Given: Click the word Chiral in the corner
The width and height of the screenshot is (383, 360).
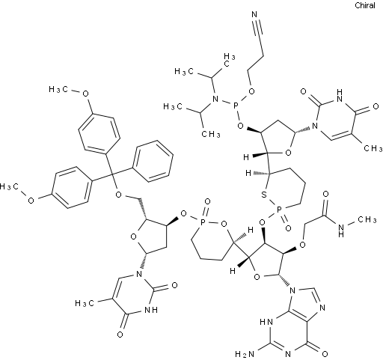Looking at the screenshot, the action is coord(365,5).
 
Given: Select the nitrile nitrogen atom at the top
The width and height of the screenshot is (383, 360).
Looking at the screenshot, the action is coord(254,14).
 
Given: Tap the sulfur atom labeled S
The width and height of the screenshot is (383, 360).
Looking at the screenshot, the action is coord(264,195).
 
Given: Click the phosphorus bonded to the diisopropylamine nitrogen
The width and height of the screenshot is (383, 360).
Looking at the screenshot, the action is coord(236,106).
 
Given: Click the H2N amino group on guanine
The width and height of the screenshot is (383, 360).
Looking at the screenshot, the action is coord(245,354).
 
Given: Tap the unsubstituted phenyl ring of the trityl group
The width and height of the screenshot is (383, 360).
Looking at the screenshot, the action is coord(153,161).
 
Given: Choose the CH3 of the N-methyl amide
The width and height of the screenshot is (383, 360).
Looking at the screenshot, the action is coord(367,219).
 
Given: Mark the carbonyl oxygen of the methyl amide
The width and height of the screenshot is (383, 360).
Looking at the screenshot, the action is coord(325,194).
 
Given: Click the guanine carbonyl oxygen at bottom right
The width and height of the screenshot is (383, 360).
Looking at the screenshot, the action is coord(325,354).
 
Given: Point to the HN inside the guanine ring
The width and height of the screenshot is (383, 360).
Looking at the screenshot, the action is coord(266,322).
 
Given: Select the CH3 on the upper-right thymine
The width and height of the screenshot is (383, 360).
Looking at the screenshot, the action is coord(373,148).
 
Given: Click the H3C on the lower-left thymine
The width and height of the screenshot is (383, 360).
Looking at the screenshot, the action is coord(85,303).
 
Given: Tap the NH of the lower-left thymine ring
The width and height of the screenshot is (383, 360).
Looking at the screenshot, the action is coord(151,310).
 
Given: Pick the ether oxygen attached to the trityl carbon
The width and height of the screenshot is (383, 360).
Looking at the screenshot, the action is coord(119,195).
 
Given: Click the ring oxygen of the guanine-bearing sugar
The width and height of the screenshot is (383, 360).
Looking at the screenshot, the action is coord(257,276).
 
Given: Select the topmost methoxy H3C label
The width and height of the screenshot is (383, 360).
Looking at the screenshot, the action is coord(58,89).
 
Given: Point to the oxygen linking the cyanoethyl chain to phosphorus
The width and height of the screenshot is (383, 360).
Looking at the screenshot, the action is coord(252,91).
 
